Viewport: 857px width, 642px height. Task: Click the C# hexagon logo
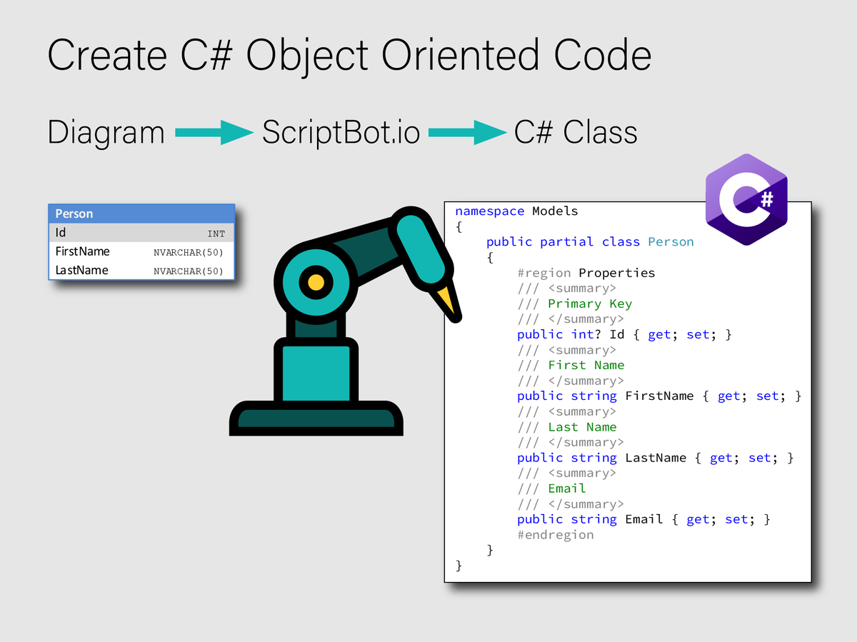pos(746,199)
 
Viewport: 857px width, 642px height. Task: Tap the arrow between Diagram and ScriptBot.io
pos(214,132)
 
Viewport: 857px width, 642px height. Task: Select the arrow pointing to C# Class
pos(467,132)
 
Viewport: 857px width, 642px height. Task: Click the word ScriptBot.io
pos(341,133)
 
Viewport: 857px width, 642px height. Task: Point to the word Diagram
pos(106,133)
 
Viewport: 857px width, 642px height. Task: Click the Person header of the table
pos(74,214)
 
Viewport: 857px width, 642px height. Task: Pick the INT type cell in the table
pos(216,234)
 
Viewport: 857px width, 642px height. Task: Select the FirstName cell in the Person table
pos(83,251)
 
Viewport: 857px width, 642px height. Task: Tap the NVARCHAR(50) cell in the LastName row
pos(189,271)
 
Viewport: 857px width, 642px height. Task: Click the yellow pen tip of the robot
pos(448,299)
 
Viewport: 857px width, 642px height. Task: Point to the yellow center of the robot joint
pos(315,281)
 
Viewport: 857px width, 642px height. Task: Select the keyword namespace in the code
pos(489,211)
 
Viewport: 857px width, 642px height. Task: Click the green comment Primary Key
pos(590,304)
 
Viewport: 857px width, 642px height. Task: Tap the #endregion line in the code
pos(555,535)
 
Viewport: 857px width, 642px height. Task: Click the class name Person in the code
pos(671,242)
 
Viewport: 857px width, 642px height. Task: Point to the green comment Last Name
pos(582,427)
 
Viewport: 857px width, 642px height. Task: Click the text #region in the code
pos(543,273)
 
